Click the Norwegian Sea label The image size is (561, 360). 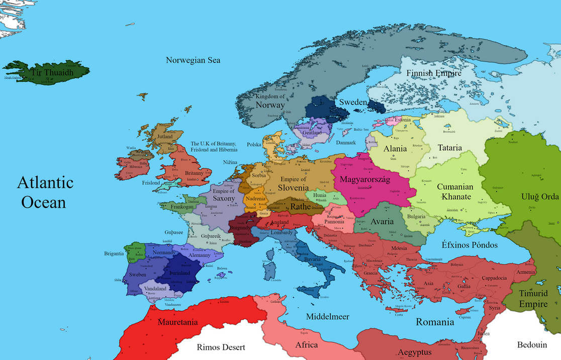coord(193,60)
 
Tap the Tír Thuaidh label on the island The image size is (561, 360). coord(52,73)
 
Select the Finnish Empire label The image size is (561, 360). coord(433,73)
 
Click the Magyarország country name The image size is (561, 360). coord(365,179)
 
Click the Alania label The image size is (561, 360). coord(395,149)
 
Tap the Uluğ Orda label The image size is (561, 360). coord(538,197)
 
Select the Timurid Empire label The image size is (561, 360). coord(533,299)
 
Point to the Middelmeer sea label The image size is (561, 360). coord(328,317)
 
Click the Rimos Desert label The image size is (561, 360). coord(221,347)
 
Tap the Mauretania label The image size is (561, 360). coord(178,322)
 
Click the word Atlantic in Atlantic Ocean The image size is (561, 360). coord(45,183)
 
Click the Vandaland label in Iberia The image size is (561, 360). coord(155,289)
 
